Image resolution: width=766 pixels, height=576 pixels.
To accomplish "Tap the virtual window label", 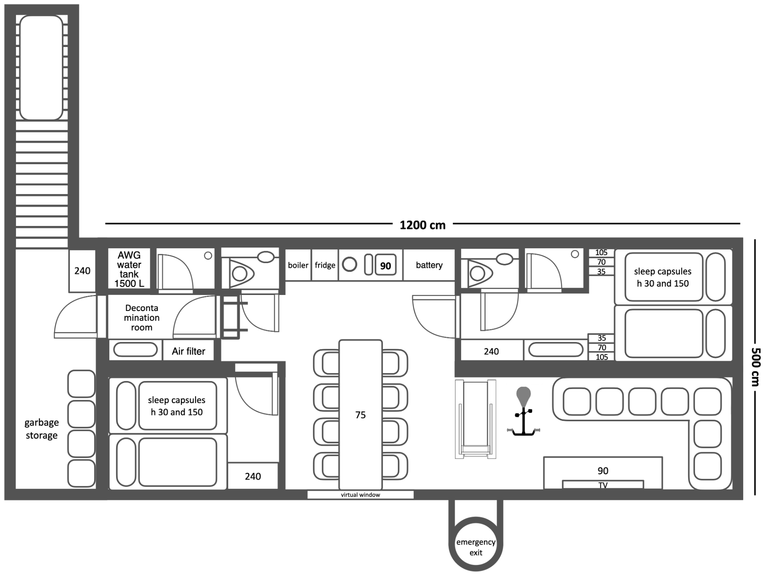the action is click(360, 495).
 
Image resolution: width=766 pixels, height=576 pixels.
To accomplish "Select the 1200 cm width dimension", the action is click(422, 225).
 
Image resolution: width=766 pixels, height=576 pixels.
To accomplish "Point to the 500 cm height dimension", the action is click(755, 367).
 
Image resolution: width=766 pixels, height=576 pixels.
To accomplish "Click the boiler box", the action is click(298, 265).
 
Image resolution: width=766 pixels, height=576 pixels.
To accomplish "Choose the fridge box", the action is click(325, 265).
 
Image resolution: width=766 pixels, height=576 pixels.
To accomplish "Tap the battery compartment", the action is click(429, 265).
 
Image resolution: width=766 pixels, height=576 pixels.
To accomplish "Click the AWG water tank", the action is click(129, 269).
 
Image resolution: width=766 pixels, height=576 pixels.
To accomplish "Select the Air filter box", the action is click(188, 351).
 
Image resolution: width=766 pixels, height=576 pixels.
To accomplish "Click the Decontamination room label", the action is click(142, 318).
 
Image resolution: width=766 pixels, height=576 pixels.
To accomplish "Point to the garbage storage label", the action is click(41, 429).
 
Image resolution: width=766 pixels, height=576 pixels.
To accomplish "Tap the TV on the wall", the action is click(603, 484).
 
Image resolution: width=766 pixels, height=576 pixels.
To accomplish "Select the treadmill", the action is click(476, 419).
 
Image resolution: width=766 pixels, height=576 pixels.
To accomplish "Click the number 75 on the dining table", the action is click(360, 415).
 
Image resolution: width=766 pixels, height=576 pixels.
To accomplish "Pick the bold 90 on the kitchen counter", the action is click(385, 266).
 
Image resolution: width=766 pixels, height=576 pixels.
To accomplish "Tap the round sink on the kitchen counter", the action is click(349, 265).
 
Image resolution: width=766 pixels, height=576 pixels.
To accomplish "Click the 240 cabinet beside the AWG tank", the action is click(82, 271).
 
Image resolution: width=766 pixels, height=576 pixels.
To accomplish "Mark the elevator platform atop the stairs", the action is click(41, 68).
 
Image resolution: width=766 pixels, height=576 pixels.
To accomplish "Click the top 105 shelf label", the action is click(601, 252).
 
